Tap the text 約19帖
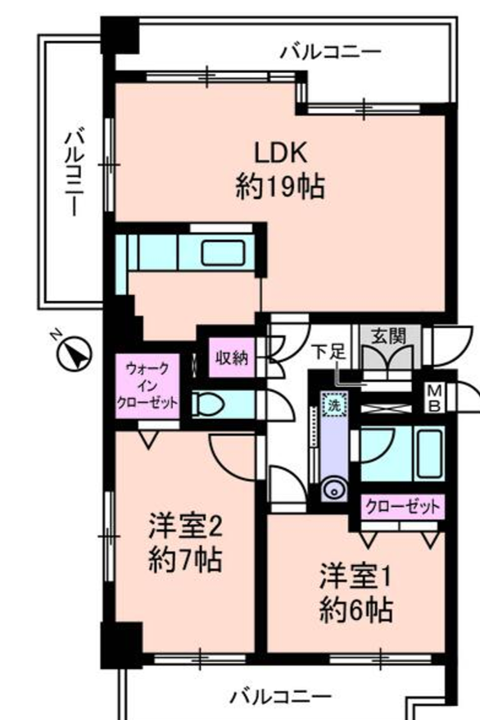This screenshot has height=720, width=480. coord(280,188)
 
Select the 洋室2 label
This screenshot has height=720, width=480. coord(186,524)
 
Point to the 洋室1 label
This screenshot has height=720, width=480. coord(355,575)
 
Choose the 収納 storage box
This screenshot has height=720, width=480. coord(230,358)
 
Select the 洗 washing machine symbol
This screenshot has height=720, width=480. coord(333,403)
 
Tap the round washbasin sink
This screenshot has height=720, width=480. coord(333,490)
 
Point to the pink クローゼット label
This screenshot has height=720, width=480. coord(404,506)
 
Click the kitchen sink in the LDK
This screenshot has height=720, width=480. coord(223,250)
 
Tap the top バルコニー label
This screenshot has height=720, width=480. coord(330,52)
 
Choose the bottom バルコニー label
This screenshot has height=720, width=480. coord(281,697)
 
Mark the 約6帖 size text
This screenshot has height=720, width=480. coord(355,610)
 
